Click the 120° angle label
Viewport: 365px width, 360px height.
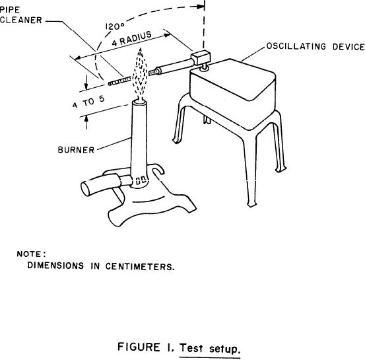point(116,26)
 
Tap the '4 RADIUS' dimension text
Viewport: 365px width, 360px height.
point(132,39)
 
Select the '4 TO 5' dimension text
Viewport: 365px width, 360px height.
point(88,102)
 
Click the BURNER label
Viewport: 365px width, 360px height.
point(76,150)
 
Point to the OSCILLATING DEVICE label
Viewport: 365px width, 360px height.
point(315,46)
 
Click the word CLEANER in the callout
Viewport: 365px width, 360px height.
point(21,20)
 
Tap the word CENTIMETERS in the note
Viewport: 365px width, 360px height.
point(140,266)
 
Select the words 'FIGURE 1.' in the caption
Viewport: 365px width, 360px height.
point(146,347)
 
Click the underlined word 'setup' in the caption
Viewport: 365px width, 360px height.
point(224,349)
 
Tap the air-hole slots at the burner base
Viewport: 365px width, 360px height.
point(141,180)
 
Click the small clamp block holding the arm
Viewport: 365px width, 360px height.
point(201,57)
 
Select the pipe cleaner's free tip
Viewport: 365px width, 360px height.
point(109,83)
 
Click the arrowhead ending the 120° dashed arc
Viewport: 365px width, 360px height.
point(201,7)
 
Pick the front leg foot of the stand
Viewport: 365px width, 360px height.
point(251,204)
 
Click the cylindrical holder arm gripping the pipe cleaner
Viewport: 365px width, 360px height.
point(175,67)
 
